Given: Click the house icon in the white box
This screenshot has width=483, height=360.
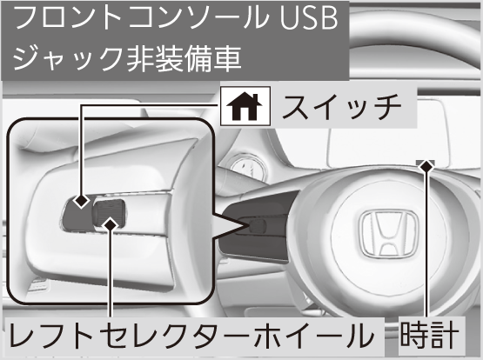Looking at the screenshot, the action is pyautogui.click(x=244, y=106).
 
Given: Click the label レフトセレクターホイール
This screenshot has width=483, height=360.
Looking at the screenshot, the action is pyautogui.click(x=191, y=336).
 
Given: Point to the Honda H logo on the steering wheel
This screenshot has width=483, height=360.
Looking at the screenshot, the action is pyautogui.click(x=389, y=233).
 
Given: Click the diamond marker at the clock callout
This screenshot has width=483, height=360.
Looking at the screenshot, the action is pyautogui.click(x=426, y=167).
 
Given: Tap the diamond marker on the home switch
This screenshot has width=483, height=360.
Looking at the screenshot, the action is pyautogui.click(x=82, y=201).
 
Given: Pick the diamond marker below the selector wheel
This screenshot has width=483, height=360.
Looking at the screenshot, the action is pyautogui.click(x=111, y=225).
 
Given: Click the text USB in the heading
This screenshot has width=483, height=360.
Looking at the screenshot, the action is pyautogui.click(x=308, y=18).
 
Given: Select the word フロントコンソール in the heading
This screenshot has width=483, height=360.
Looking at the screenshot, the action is pyautogui.click(x=139, y=18).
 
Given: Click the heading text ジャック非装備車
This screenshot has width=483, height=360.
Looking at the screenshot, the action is pyautogui.click(x=127, y=58).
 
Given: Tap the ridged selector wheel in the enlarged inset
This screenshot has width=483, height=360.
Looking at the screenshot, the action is pyautogui.click(x=109, y=213).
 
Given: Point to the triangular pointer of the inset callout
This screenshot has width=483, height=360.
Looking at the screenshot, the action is pyautogui.click(x=231, y=224).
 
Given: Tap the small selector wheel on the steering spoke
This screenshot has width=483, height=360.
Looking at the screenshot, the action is pyautogui.click(x=258, y=226).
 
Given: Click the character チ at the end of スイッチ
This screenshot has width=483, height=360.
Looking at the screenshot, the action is pyautogui.click(x=387, y=106).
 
